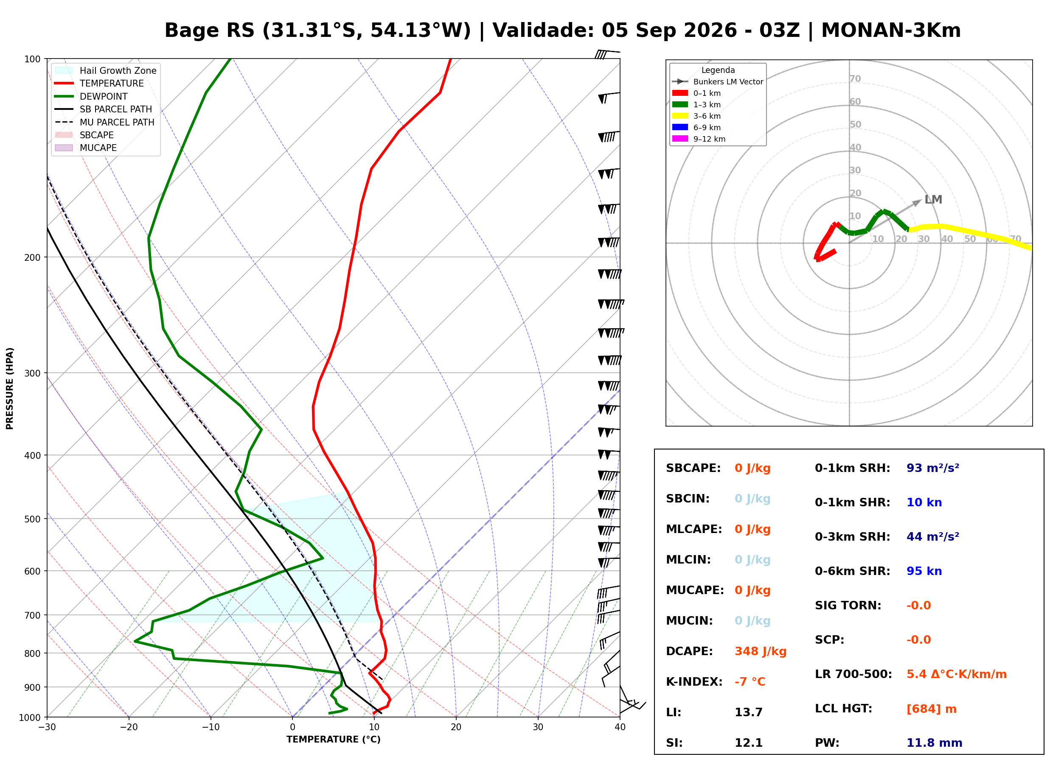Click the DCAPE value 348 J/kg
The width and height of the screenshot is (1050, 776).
761,651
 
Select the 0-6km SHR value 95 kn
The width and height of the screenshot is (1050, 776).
924,571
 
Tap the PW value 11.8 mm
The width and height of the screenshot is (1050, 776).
935,743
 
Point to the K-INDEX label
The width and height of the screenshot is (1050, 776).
694,682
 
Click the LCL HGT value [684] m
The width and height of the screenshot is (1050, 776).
932,709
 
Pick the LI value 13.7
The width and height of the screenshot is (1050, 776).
749,712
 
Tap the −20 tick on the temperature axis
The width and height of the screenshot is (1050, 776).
129,728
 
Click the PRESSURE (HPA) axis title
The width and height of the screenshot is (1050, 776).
10,388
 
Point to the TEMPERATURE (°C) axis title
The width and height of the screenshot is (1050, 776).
334,740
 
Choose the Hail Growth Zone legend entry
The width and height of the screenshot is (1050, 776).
106,70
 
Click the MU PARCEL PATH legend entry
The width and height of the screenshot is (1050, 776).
105,122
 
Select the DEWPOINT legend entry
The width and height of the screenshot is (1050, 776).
91,96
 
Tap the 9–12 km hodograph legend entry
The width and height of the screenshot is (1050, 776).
699,139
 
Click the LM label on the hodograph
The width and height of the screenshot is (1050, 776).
933,200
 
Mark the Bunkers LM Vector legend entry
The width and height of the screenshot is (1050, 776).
718,82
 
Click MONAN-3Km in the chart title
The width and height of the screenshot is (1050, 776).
891,31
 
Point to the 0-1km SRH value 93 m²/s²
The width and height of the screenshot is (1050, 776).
932,468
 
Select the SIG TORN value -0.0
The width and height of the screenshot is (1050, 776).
918,606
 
